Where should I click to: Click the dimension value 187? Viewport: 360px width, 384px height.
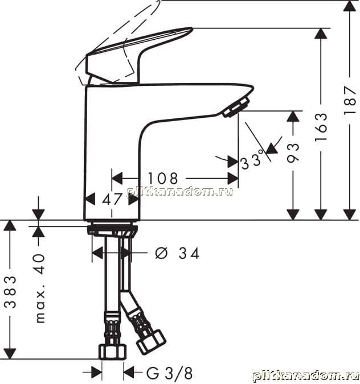(350, 100)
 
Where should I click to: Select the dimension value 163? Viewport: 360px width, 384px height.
(321, 127)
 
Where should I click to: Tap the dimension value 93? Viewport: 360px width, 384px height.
(293, 153)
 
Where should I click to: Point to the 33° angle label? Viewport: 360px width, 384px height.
(252, 160)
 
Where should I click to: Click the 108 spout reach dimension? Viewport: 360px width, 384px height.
(163, 178)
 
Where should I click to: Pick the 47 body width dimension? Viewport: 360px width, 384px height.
(112, 199)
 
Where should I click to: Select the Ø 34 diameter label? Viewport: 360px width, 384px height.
(177, 253)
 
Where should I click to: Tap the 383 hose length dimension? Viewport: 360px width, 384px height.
(10, 292)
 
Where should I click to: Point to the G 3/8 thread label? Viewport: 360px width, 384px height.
(169, 373)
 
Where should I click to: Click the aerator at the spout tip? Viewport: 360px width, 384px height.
(236, 108)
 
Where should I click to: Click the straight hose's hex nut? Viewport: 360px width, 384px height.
(112, 352)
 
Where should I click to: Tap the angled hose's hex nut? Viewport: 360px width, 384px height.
(150, 342)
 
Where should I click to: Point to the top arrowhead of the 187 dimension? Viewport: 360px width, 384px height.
(350, 6)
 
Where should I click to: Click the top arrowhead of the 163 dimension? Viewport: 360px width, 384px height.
(321, 34)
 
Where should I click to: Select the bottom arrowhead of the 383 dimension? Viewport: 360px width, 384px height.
(10, 354)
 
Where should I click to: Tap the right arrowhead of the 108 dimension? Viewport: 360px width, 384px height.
(233, 178)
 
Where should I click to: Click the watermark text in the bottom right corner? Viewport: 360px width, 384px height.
(305, 375)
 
